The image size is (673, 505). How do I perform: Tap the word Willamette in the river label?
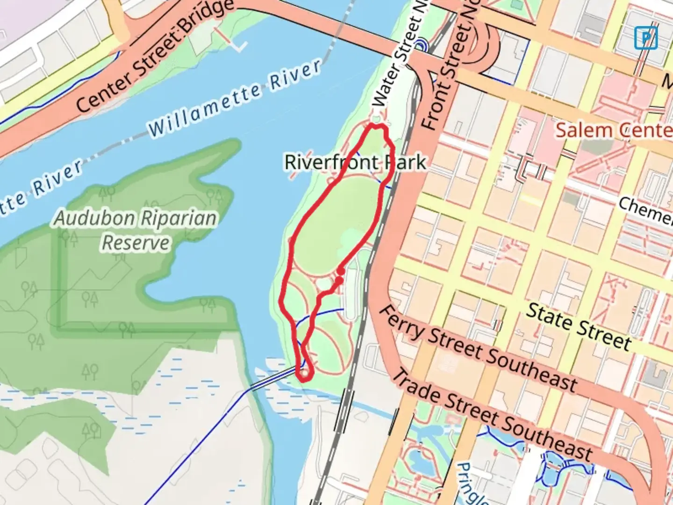204,107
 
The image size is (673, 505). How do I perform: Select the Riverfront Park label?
355,163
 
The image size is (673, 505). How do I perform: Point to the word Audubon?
92,218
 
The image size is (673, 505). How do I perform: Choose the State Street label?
579,326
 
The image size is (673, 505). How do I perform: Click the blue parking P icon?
646,38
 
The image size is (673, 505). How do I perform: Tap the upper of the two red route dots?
341,271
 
